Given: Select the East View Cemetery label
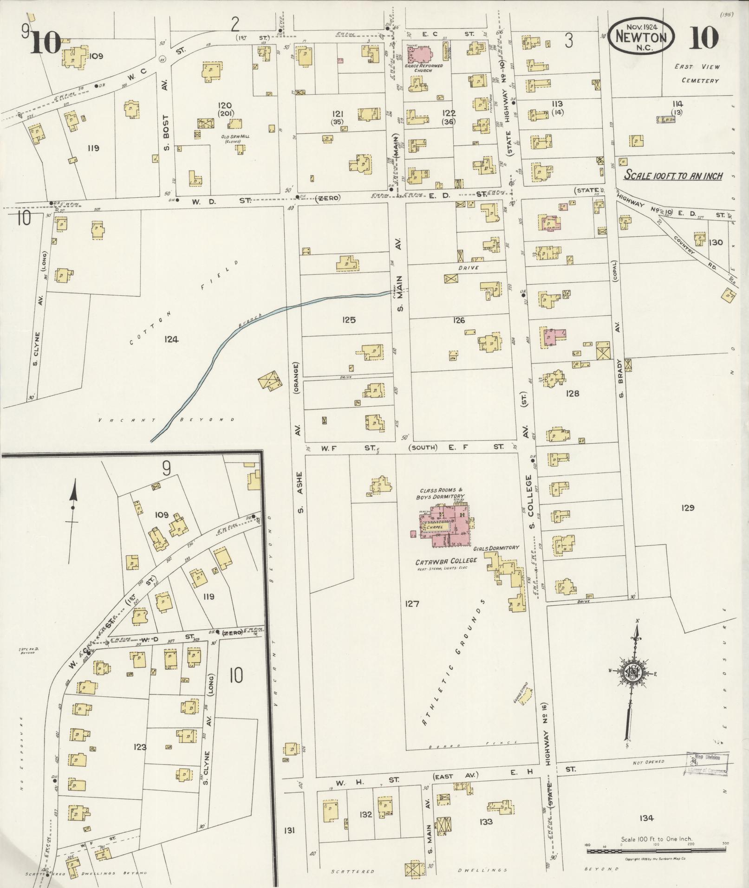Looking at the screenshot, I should point(697,73).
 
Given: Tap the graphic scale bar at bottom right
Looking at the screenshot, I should point(656,851).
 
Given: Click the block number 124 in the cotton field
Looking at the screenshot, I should point(170,339).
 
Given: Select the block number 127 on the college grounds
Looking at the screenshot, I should point(411,604).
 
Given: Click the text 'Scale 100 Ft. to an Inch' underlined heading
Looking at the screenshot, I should point(673,175).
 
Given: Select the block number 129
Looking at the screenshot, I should point(687,508).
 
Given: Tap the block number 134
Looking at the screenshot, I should point(646,818).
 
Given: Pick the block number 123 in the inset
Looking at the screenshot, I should point(140,747).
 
